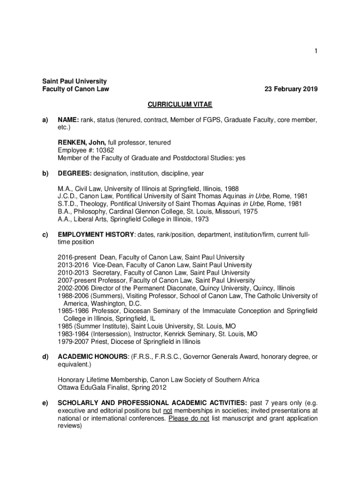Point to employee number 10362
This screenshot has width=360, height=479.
pyautogui.click(x=104, y=150)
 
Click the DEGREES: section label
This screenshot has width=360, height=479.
pyautogui.click(x=74, y=174)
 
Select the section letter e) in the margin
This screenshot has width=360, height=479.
pyautogui.click(x=46, y=403)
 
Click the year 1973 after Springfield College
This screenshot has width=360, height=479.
pyautogui.click(x=201, y=219)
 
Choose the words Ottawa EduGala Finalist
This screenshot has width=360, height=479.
pyautogui.click(x=95, y=387)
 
